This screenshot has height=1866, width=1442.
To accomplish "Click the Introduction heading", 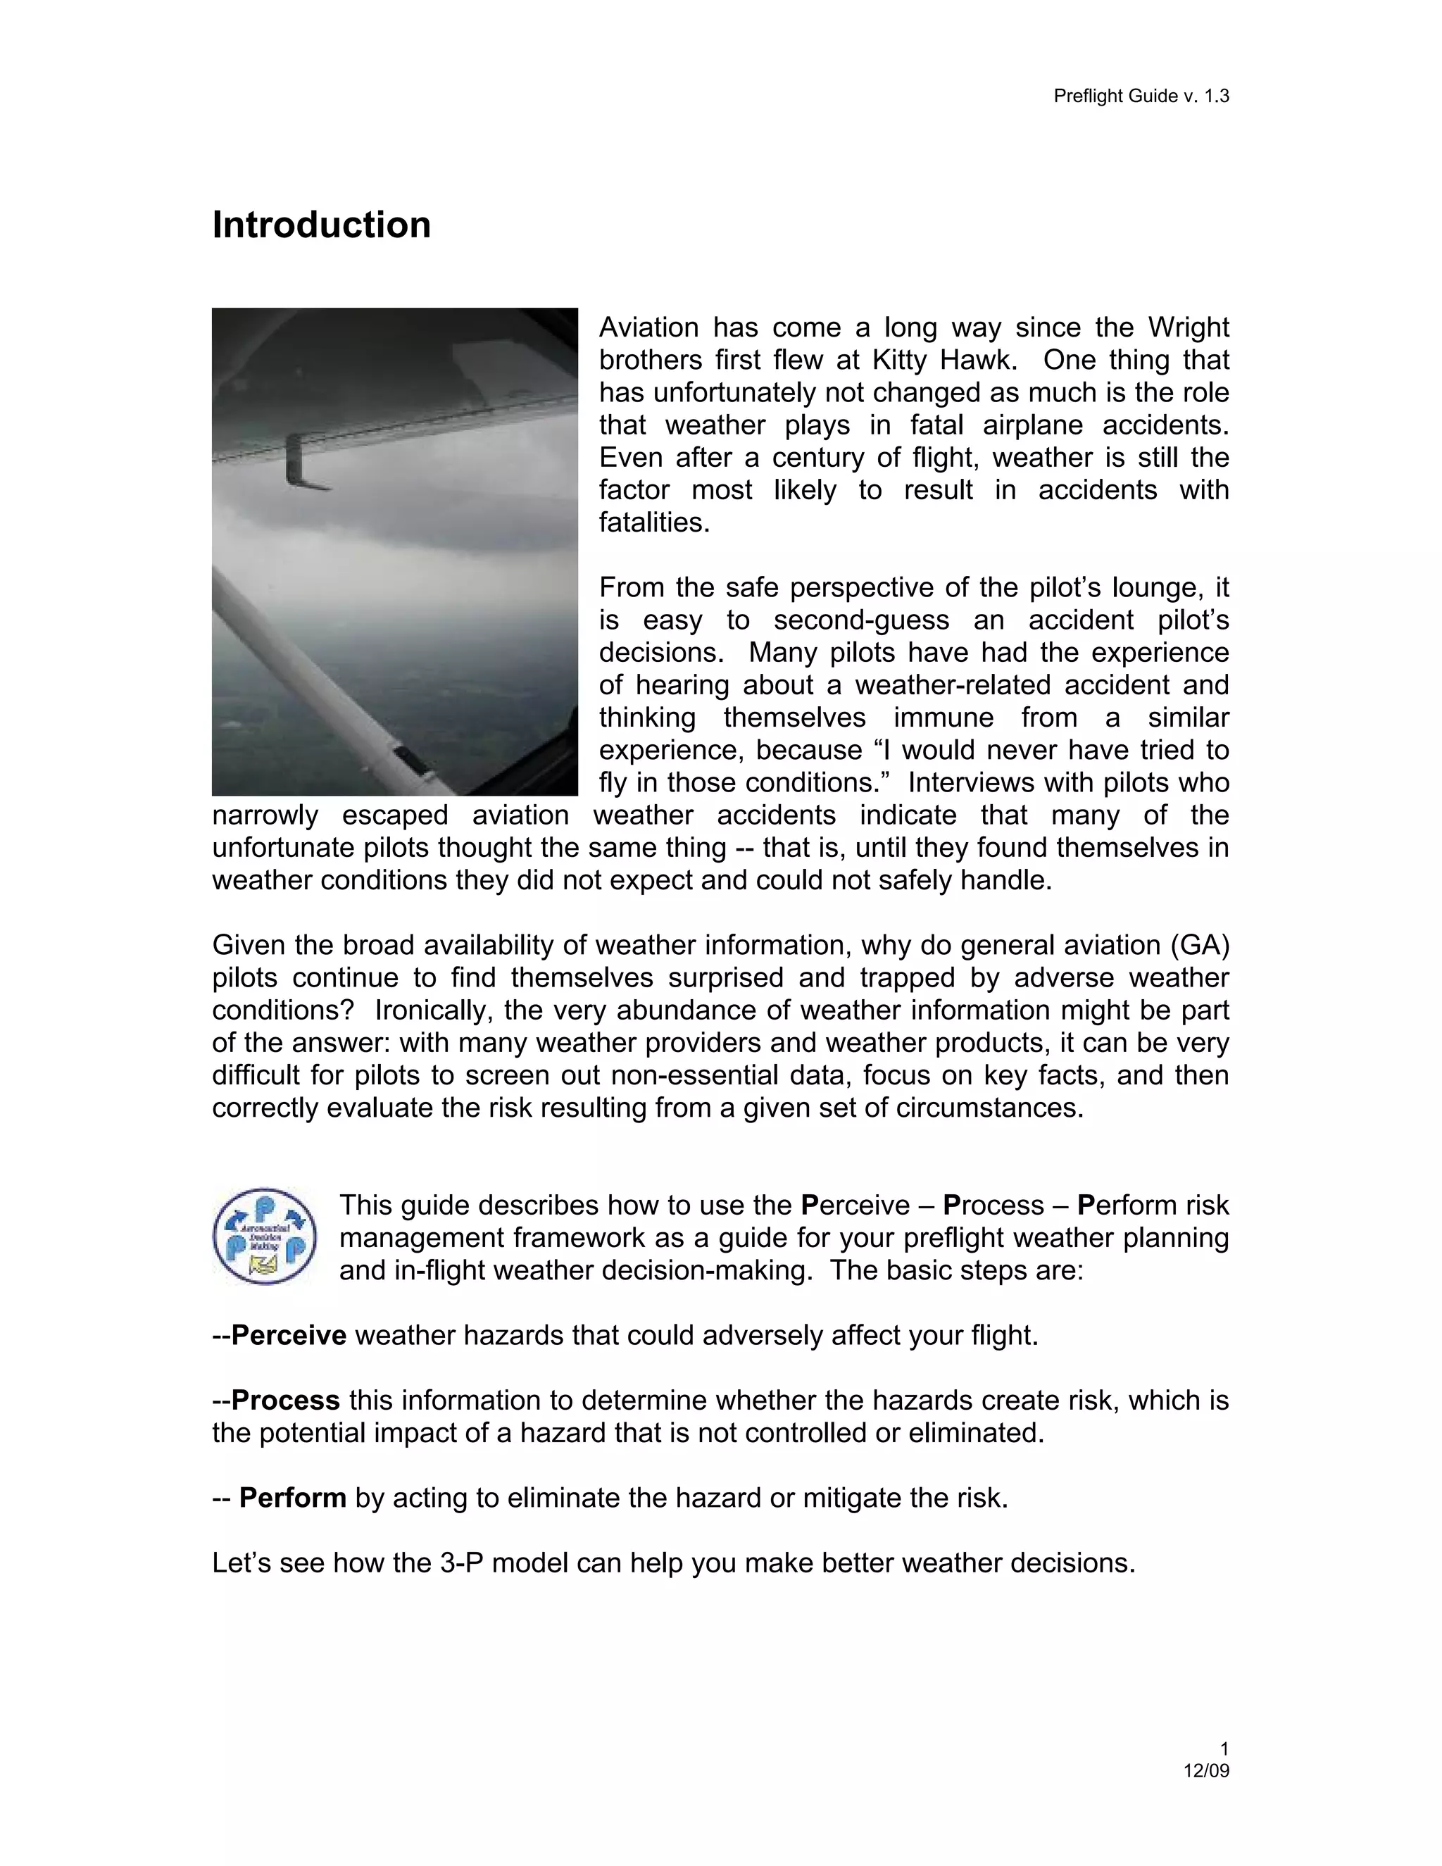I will pyautogui.click(x=321, y=225).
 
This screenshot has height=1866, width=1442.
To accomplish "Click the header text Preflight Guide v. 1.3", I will pyautogui.click(x=1141, y=96).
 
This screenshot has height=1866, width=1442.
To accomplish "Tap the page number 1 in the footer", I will pyautogui.click(x=1224, y=1748).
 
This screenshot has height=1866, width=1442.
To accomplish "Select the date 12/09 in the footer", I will pyautogui.click(x=1205, y=1770).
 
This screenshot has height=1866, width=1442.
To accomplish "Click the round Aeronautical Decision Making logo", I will pyautogui.click(x=265, y=1236).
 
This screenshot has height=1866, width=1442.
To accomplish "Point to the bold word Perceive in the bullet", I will pyautogui.click(x=289, y=1334).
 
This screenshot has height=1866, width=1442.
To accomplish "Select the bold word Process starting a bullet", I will pyautogui.click(x=285, y=1400).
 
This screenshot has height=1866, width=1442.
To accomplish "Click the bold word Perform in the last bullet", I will pyautogui.click(x=292, y=1498).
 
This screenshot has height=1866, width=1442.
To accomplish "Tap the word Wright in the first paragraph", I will pyautogui.click(x=1187, y=327).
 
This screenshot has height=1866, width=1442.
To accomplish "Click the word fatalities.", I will pyautogui.click(x=653, y=522).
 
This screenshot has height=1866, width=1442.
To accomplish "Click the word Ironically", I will pyautogui.click(x=432, y=1010).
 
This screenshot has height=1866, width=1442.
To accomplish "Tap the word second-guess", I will pyautogui.click(x=889, y=620).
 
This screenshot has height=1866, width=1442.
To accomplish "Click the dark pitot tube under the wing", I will pyautogui.click(x=303, y=465).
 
